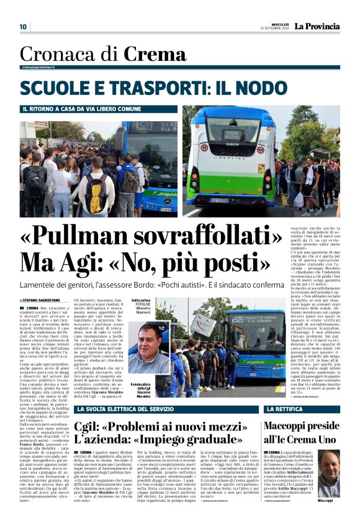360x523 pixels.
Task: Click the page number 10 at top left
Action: pyautogui.click(x=23, y=27)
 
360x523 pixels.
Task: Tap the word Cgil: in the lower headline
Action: pyautogui.click(x=91, y=427)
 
